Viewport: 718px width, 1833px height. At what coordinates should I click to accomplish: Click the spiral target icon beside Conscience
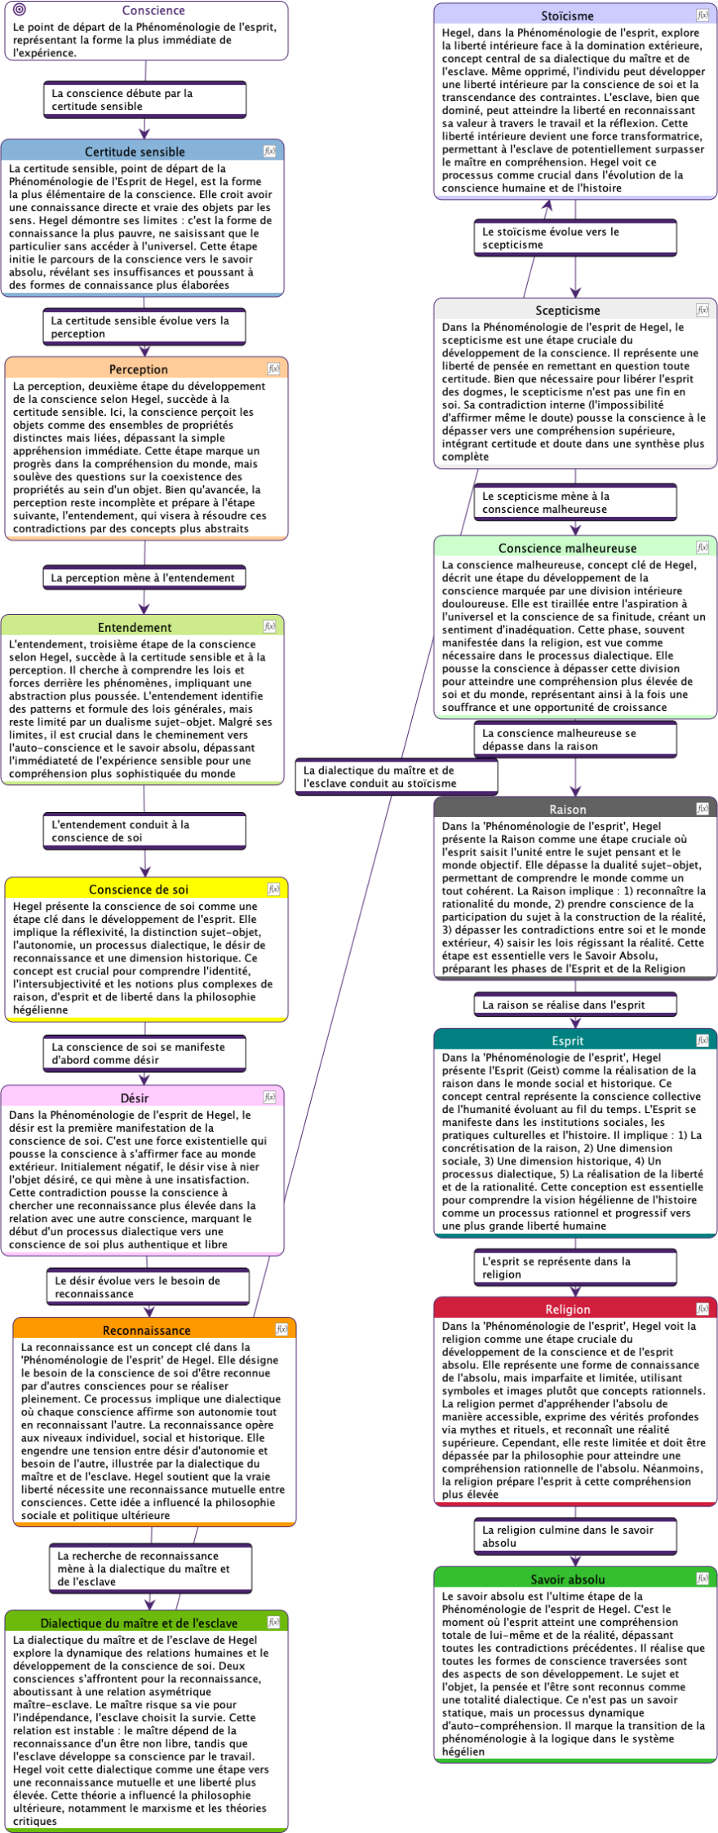[x=20, y=10]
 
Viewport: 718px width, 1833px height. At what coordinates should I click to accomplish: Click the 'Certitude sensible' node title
[x=135, y=152]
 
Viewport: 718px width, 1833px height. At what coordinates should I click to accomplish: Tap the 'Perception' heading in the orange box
[x=139, y=369]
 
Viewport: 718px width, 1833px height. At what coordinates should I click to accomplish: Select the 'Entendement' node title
[x=135, y=627]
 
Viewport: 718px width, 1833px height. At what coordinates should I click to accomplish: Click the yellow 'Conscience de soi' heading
[x=139, y=890]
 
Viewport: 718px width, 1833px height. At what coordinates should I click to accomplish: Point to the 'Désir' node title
[x=135, y=1098]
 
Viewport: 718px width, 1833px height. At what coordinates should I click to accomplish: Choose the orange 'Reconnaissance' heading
[x=147, y=1330]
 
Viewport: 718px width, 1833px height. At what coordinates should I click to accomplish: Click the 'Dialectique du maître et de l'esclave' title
[x=139, y=1623]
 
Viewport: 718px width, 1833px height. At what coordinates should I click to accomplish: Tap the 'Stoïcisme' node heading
[x=567, y=16]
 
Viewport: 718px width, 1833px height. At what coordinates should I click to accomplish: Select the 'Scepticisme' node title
[x=568, y=311]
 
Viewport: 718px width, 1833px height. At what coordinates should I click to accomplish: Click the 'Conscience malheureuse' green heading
[x=568, y=548]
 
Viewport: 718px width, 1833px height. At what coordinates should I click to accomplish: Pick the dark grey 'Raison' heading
[x=568, y=810]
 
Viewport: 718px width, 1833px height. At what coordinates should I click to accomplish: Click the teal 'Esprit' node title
[x=568, y=1040]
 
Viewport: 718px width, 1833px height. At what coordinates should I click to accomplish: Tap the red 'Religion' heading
[x=568, y=1309]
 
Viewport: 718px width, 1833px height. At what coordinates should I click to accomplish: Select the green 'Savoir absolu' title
[x=568, y=1579]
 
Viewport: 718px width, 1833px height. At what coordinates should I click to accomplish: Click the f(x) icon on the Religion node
[x=702, y=1308]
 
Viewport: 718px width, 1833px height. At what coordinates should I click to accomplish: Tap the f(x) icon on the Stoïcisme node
[x=702, y=15]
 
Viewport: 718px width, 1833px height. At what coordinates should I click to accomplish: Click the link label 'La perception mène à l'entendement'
[x=143, y=577]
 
